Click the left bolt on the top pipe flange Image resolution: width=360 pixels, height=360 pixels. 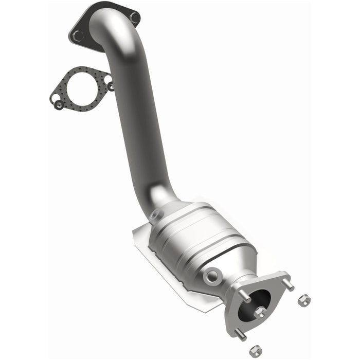coord(78,35)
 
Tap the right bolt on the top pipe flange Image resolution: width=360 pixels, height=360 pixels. coord(134,17)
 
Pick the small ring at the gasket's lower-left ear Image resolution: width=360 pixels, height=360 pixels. coord(60,104)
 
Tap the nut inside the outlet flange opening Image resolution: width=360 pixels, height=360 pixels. coord(260,312)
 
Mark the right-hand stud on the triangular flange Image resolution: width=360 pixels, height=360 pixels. coord(290,284)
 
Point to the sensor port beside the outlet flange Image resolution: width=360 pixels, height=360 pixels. coord(211,276)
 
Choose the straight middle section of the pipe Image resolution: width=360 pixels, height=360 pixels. coord(135,129)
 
